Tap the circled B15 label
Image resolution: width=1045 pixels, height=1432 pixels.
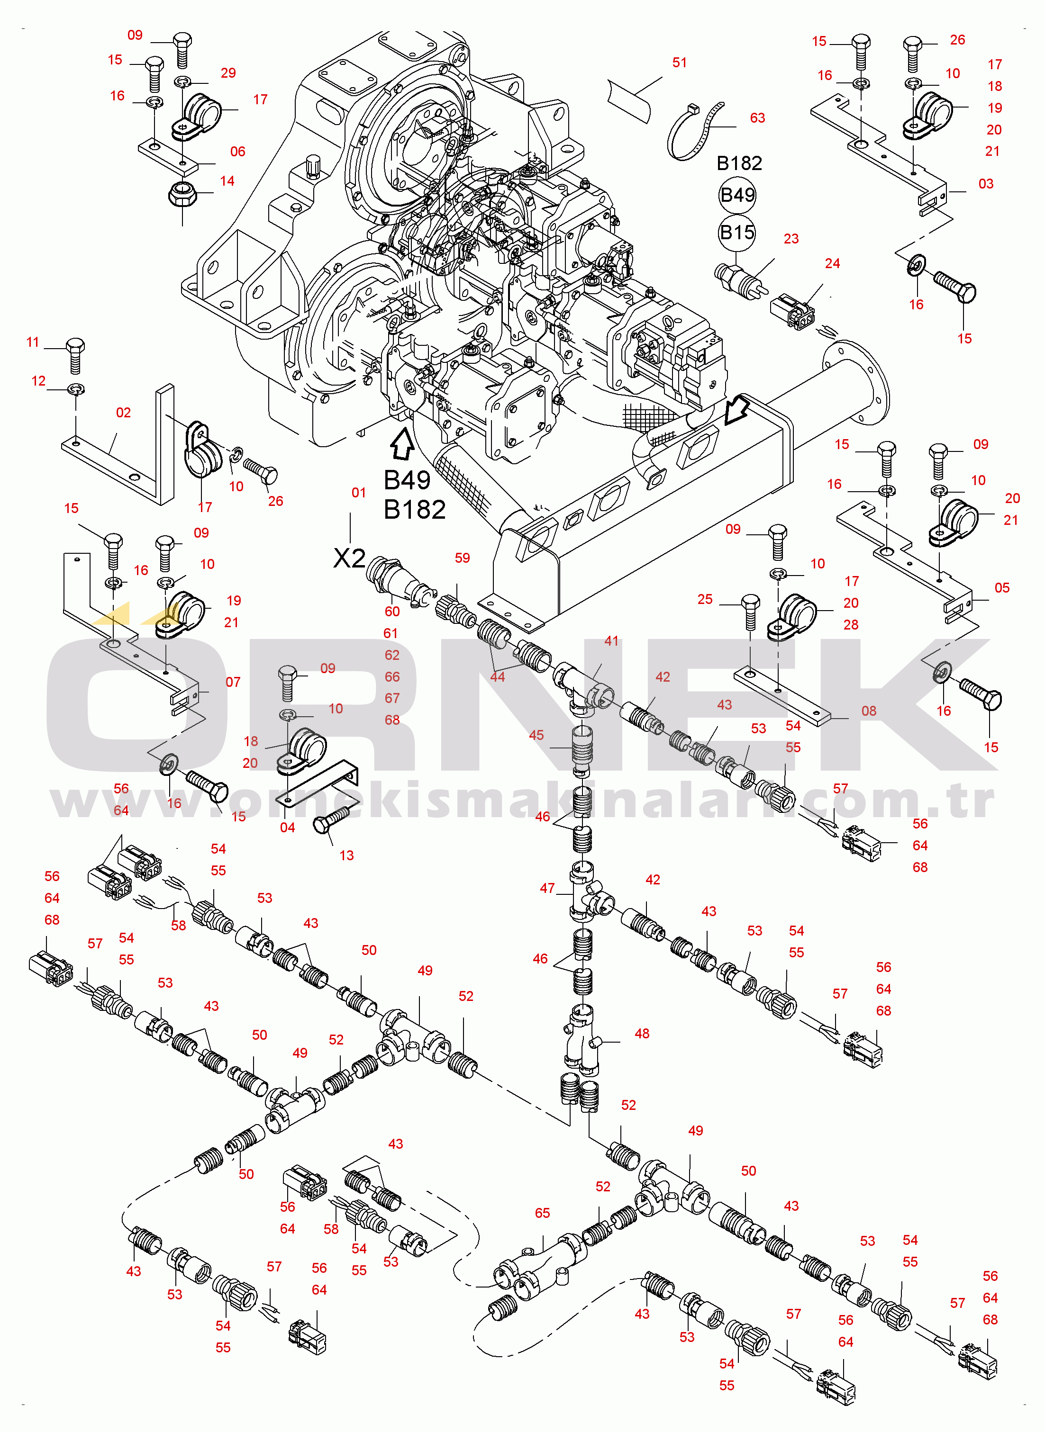(x=737, y=233)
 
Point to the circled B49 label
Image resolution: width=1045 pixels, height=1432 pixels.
(x=737, y=195)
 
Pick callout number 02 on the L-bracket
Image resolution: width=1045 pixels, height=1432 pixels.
(x=123, y=413)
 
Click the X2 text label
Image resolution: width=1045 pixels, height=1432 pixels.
(x=349, y=558)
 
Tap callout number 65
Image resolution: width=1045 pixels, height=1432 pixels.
(x=542, y=1213)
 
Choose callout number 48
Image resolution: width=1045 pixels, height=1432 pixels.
(x=641, y=1033)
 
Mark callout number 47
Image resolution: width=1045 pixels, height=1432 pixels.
(x=547, y=888)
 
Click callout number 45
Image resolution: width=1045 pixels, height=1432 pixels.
(x=536, y=735)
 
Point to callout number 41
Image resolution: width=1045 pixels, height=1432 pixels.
(x=611, y=640)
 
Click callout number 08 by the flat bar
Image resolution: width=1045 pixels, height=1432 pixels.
(x=869, y=711)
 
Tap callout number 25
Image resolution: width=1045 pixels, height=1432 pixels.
(x=705, y=599)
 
